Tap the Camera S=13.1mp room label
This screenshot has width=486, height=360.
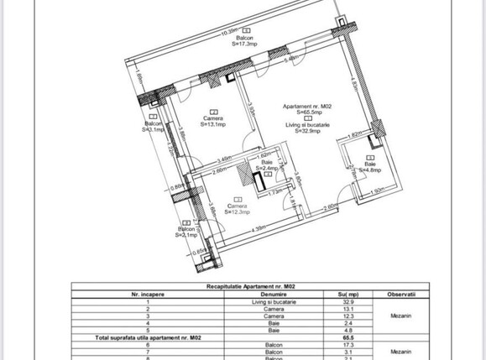pyautogui.click(x=214, y=123)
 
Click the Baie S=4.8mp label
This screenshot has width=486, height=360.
pyautogui.click(x=370, y=167)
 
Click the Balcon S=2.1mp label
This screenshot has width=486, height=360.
pyautogui.click(x=186, y=232)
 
